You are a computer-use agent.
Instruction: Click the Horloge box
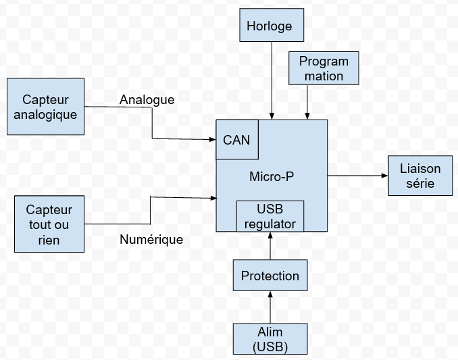tap(270, 26)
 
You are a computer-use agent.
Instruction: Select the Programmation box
tap(324, 68)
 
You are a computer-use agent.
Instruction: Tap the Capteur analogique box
tap(45, 107)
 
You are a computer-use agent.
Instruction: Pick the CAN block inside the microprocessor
tap(236, 140)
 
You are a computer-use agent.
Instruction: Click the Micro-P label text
tap(272, 177)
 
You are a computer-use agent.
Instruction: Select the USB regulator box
tap(270, 215)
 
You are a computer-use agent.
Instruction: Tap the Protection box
tap(270, 276)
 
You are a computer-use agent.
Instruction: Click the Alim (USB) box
tap(270, 339)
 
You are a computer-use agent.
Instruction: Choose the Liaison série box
tap(419, 176)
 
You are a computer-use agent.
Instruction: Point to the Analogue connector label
tap(147, 100)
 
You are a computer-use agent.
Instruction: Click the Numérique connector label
tap(151, 239)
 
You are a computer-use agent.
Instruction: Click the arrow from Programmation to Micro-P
tap(307, 101)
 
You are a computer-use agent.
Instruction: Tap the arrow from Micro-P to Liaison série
tap(357, 176)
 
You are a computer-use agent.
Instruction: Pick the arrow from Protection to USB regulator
tap(270, 246)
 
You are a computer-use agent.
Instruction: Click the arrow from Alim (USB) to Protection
tap(270, 307)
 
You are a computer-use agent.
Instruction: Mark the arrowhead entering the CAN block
tap(212, 139)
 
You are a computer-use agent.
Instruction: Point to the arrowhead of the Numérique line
tap(212, 198)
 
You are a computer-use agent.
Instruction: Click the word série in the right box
tap(420, 183)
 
